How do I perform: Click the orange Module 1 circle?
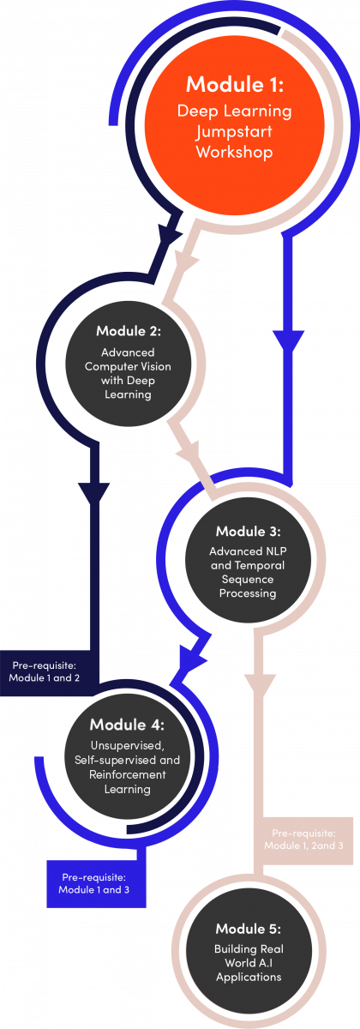pos(235,124)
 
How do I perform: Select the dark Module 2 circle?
pos(128,364)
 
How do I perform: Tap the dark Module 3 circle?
pos(248,561)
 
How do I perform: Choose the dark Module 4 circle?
pos(127,756)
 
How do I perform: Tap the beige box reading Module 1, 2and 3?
pos(303,840)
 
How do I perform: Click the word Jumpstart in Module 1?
pos(234,132)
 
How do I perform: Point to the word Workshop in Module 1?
pos(235,152)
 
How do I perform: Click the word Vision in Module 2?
pos(156,367)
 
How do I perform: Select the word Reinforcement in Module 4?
pos(127,774)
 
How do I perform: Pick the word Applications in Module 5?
pos(249,978)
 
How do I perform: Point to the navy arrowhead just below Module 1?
pos(169,234)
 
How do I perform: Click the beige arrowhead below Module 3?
pos(260,686)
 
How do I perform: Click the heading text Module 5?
pos(249,929)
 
